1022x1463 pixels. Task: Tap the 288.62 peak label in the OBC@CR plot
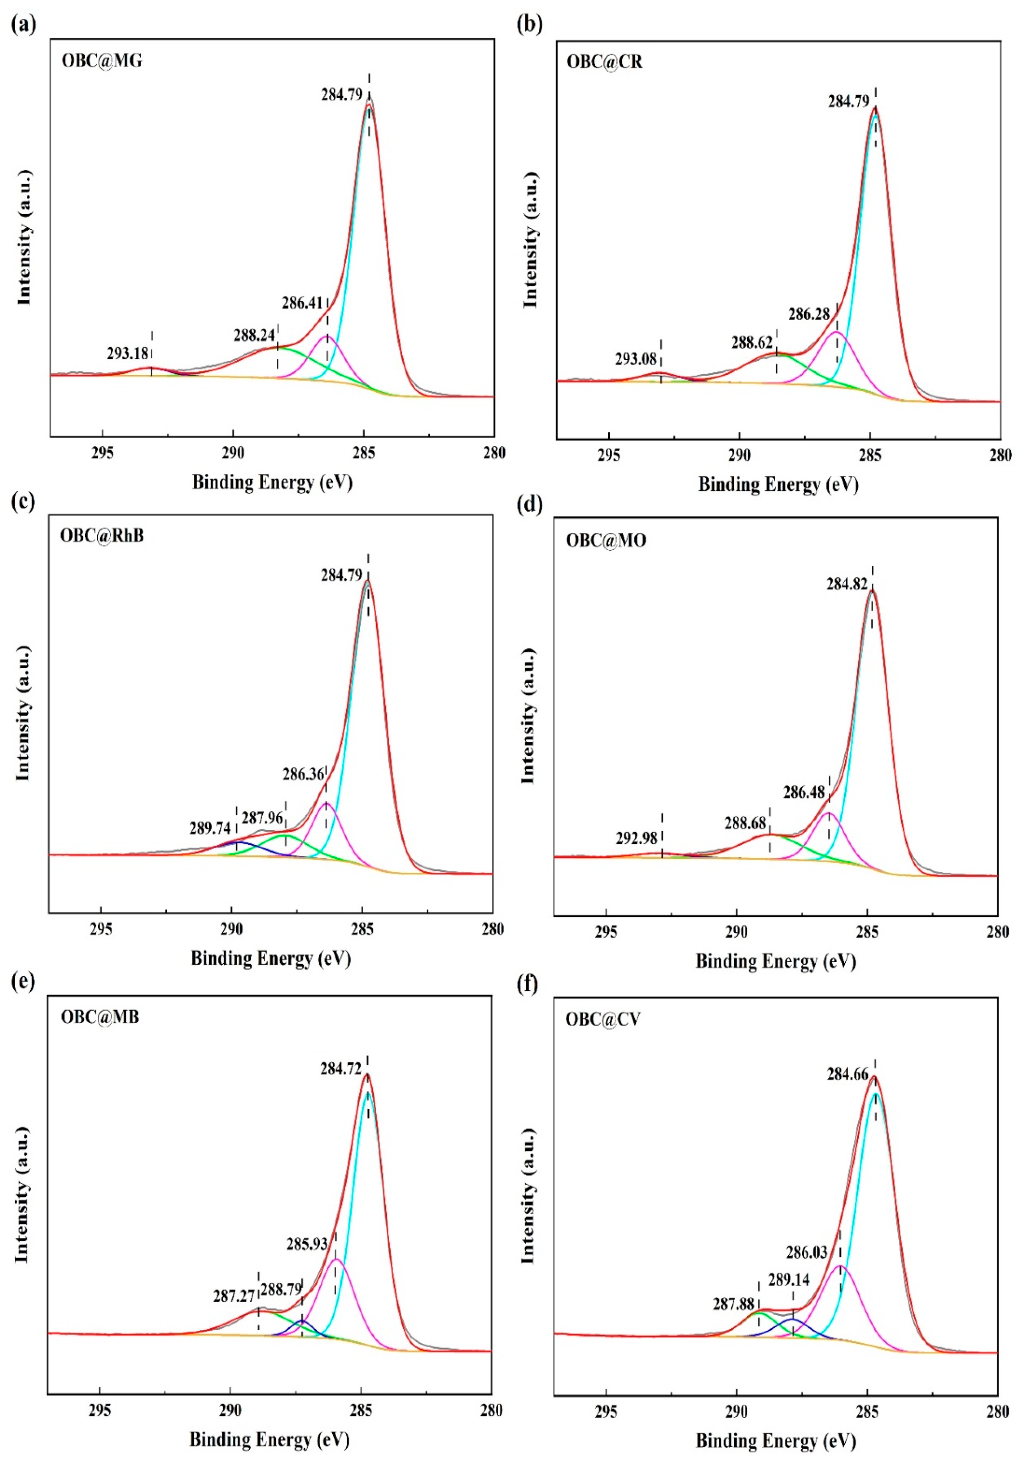coord(752,343)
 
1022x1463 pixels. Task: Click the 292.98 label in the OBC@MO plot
coord(636,838)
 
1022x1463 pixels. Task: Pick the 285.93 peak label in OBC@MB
coord(307,1244)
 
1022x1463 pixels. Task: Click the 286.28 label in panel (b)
coord(809,314)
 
